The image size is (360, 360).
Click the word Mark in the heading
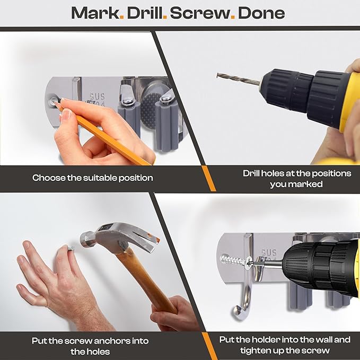click(x=95, y=13)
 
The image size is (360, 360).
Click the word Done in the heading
click(x=261, y=13)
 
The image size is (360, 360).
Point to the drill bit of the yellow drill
click(x=239, y=78)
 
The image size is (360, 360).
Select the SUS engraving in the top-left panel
click(x=97, y=96)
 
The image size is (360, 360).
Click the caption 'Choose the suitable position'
click(x=93, y=178)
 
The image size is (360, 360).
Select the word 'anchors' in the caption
click(x=112, y=341)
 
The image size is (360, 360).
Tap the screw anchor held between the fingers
click(x=71, y=248)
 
